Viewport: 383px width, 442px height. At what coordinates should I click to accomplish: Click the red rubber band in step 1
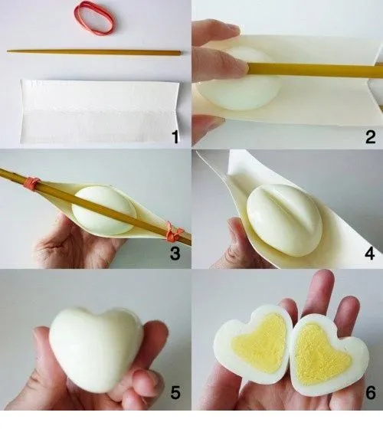tap(94, 18)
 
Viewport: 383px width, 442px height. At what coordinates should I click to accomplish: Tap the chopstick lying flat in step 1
tap(94, 52)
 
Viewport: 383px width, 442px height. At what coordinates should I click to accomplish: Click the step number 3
tap(175, 253)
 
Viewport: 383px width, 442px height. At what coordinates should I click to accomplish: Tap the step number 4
tap(371, 253)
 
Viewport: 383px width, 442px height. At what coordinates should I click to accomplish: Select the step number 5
tap(175, 394)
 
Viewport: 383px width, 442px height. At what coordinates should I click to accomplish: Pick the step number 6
tap(371, 394)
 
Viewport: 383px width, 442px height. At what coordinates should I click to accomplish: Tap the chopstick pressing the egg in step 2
tap(314, 70)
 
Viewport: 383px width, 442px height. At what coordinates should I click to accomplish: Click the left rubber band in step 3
tap(31, 183)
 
